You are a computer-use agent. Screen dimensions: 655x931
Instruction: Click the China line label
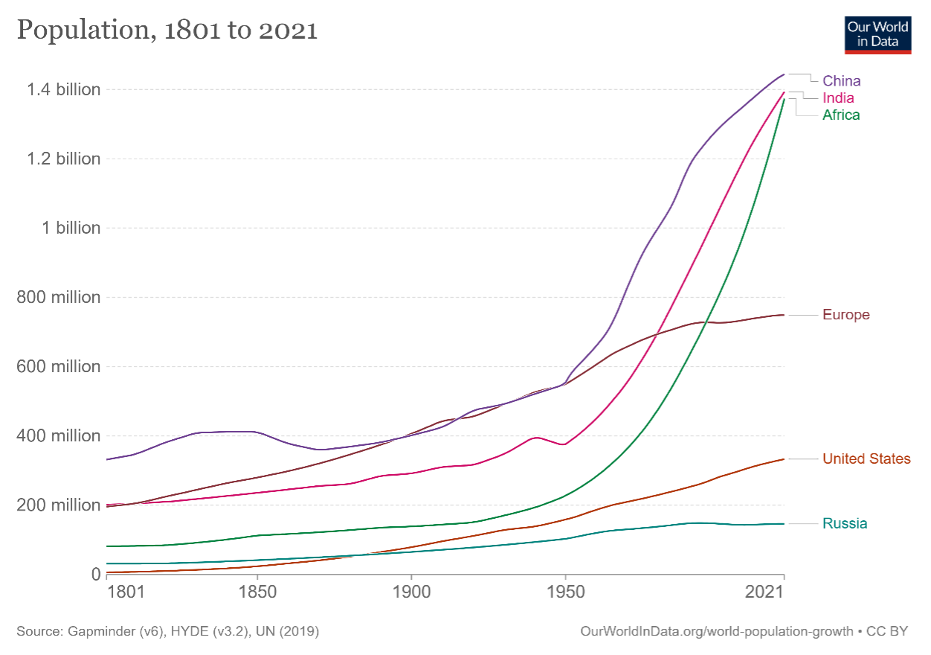841,80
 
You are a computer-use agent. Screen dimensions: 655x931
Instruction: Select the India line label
838,98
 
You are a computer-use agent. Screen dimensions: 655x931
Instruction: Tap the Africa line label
841,115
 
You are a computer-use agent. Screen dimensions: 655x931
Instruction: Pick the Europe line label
845,315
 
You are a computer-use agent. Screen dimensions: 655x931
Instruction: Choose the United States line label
866,458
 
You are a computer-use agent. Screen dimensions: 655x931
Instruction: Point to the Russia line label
845,523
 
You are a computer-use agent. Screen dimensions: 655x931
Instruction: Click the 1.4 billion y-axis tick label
63,89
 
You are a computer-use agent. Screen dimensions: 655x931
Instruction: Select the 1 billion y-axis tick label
71,228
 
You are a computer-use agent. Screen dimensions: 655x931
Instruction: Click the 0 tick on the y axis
95,574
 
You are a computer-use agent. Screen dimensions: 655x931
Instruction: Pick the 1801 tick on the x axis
124,592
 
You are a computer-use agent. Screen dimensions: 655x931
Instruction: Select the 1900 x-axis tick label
411,592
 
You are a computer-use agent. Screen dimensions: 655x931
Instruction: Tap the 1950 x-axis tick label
565,592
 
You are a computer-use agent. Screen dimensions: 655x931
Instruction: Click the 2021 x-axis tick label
766,592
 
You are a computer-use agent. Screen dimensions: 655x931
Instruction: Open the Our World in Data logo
877,33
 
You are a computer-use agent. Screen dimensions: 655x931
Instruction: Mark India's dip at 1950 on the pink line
564,444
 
